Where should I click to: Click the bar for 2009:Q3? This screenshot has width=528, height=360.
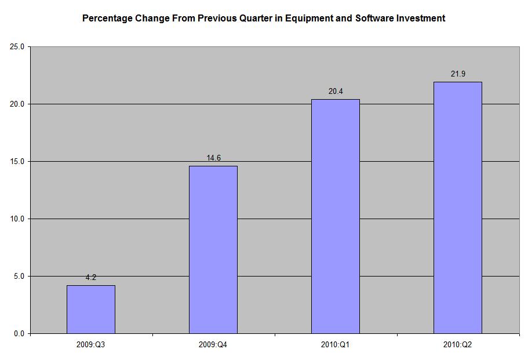[91, 309]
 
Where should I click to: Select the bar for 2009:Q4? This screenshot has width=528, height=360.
[213, 249]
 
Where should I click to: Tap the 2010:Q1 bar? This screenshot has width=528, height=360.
[336, 216]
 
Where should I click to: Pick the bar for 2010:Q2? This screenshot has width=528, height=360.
[458, 208]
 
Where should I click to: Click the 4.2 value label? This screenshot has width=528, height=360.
[91, 278]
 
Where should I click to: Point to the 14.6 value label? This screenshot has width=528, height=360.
[213, 158]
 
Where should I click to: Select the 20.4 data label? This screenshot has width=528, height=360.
[336, 92]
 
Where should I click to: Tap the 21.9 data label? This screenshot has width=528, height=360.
[458, 74]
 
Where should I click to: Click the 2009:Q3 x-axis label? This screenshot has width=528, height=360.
[91, 344]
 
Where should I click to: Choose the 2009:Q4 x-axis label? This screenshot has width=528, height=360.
[213, 344]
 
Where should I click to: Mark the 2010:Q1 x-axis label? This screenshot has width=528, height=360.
[336, 344]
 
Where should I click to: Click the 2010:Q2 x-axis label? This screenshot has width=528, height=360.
[458, 344]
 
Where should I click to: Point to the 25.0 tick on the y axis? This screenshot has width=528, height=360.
[17, 47]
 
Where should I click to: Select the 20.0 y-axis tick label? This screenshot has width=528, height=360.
[17, 104]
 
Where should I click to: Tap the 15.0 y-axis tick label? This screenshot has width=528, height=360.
[17, 162]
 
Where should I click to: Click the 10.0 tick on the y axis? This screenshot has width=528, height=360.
[17, 219]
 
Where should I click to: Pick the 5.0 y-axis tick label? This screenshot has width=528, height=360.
[19, 277]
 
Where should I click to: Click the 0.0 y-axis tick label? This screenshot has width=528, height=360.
[19, 334]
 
